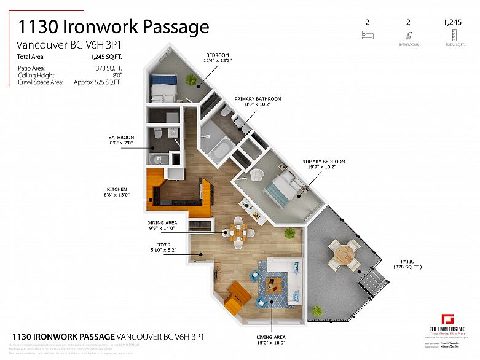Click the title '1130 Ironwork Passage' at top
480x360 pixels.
113,27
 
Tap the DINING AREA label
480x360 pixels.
162,225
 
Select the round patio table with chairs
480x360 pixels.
344,253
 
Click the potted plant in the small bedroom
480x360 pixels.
192,79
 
